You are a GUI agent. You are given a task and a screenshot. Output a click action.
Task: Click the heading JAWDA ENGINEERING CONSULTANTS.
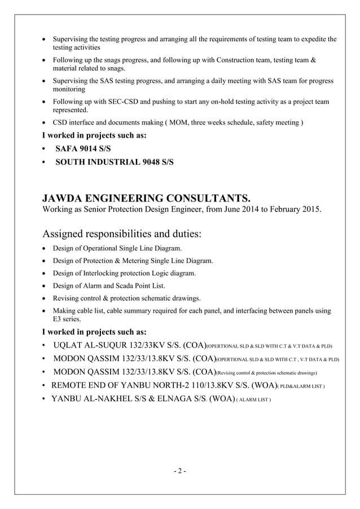(x=146, y=198)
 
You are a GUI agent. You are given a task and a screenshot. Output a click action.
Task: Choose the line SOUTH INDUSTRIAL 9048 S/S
(x=114, y=162)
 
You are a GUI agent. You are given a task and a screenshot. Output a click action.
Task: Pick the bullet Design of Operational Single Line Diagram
(x=117, y=248)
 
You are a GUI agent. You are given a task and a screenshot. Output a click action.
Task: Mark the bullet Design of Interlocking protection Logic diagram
(x=124, y=273)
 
